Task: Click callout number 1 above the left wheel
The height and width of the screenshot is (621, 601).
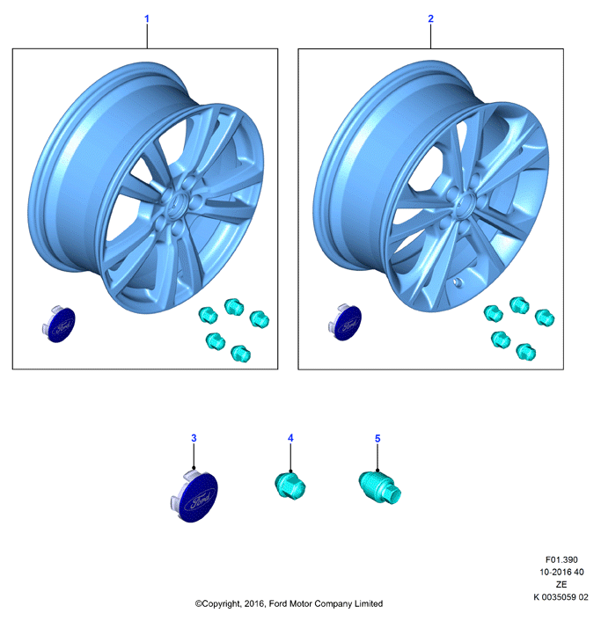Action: point(147,18)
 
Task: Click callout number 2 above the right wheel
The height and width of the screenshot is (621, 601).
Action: point(430,18)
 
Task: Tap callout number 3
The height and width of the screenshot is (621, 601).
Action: point(194,438)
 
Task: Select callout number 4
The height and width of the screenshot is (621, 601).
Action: point(290,438)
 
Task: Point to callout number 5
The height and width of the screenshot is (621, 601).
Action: point(377,438)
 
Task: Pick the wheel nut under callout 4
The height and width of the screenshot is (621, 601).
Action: point(290,486)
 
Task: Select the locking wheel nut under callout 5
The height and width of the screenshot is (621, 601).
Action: point(379,488)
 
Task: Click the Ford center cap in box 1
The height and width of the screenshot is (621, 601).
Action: point(60,325)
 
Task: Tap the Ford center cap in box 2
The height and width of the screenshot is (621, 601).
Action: point(345,323)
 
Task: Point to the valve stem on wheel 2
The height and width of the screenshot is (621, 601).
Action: point(458,282)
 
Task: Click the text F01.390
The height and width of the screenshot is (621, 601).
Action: point(561,559)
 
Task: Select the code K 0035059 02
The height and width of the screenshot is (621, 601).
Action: point(561,597)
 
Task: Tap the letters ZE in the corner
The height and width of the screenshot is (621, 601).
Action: point(561,585)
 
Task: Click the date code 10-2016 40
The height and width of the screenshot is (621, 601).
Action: point(561,572)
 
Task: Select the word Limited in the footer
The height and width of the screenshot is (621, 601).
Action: point(369,603)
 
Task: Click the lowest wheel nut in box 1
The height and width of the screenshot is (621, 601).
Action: point(240,354)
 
